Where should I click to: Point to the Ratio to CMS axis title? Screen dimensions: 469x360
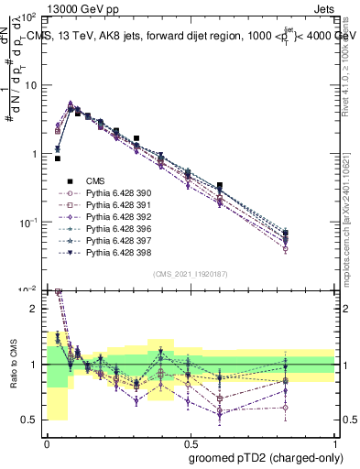click(x=14, y=365)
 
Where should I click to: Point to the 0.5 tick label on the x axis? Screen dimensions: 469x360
click(x=190, y=442)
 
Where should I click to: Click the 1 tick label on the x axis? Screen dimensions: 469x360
click(x=334, y=442)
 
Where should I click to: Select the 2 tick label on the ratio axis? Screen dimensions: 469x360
click(x=35, y=309)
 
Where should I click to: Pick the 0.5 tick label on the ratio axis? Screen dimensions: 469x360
click(x=31, y=420)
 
